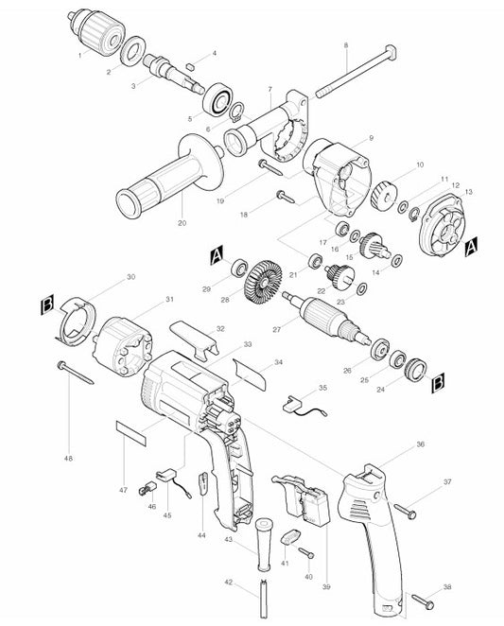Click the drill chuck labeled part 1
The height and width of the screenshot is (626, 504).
pyautogui.click(x=96, y=35)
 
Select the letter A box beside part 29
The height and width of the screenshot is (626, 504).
pyautogui.click(x=217, y=254)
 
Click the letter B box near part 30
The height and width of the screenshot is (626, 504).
pyautogui.click(x=47, y=304)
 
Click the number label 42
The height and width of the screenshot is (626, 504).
pyautogui.click(x=226, y=583)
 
